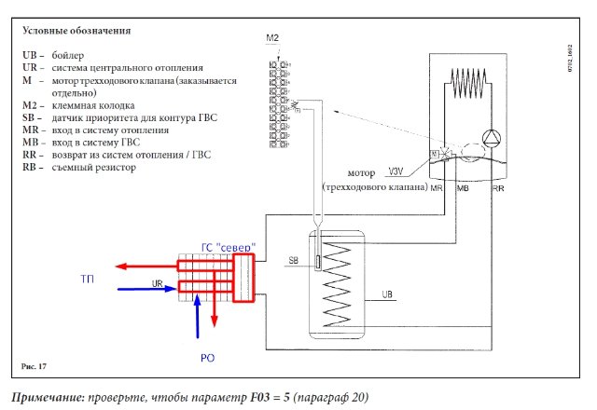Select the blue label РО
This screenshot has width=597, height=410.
[210, 355]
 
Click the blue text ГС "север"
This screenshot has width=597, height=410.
[229, 244]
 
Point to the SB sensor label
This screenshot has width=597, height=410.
[294, 259]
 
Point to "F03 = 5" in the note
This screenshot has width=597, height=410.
[245, 398]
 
